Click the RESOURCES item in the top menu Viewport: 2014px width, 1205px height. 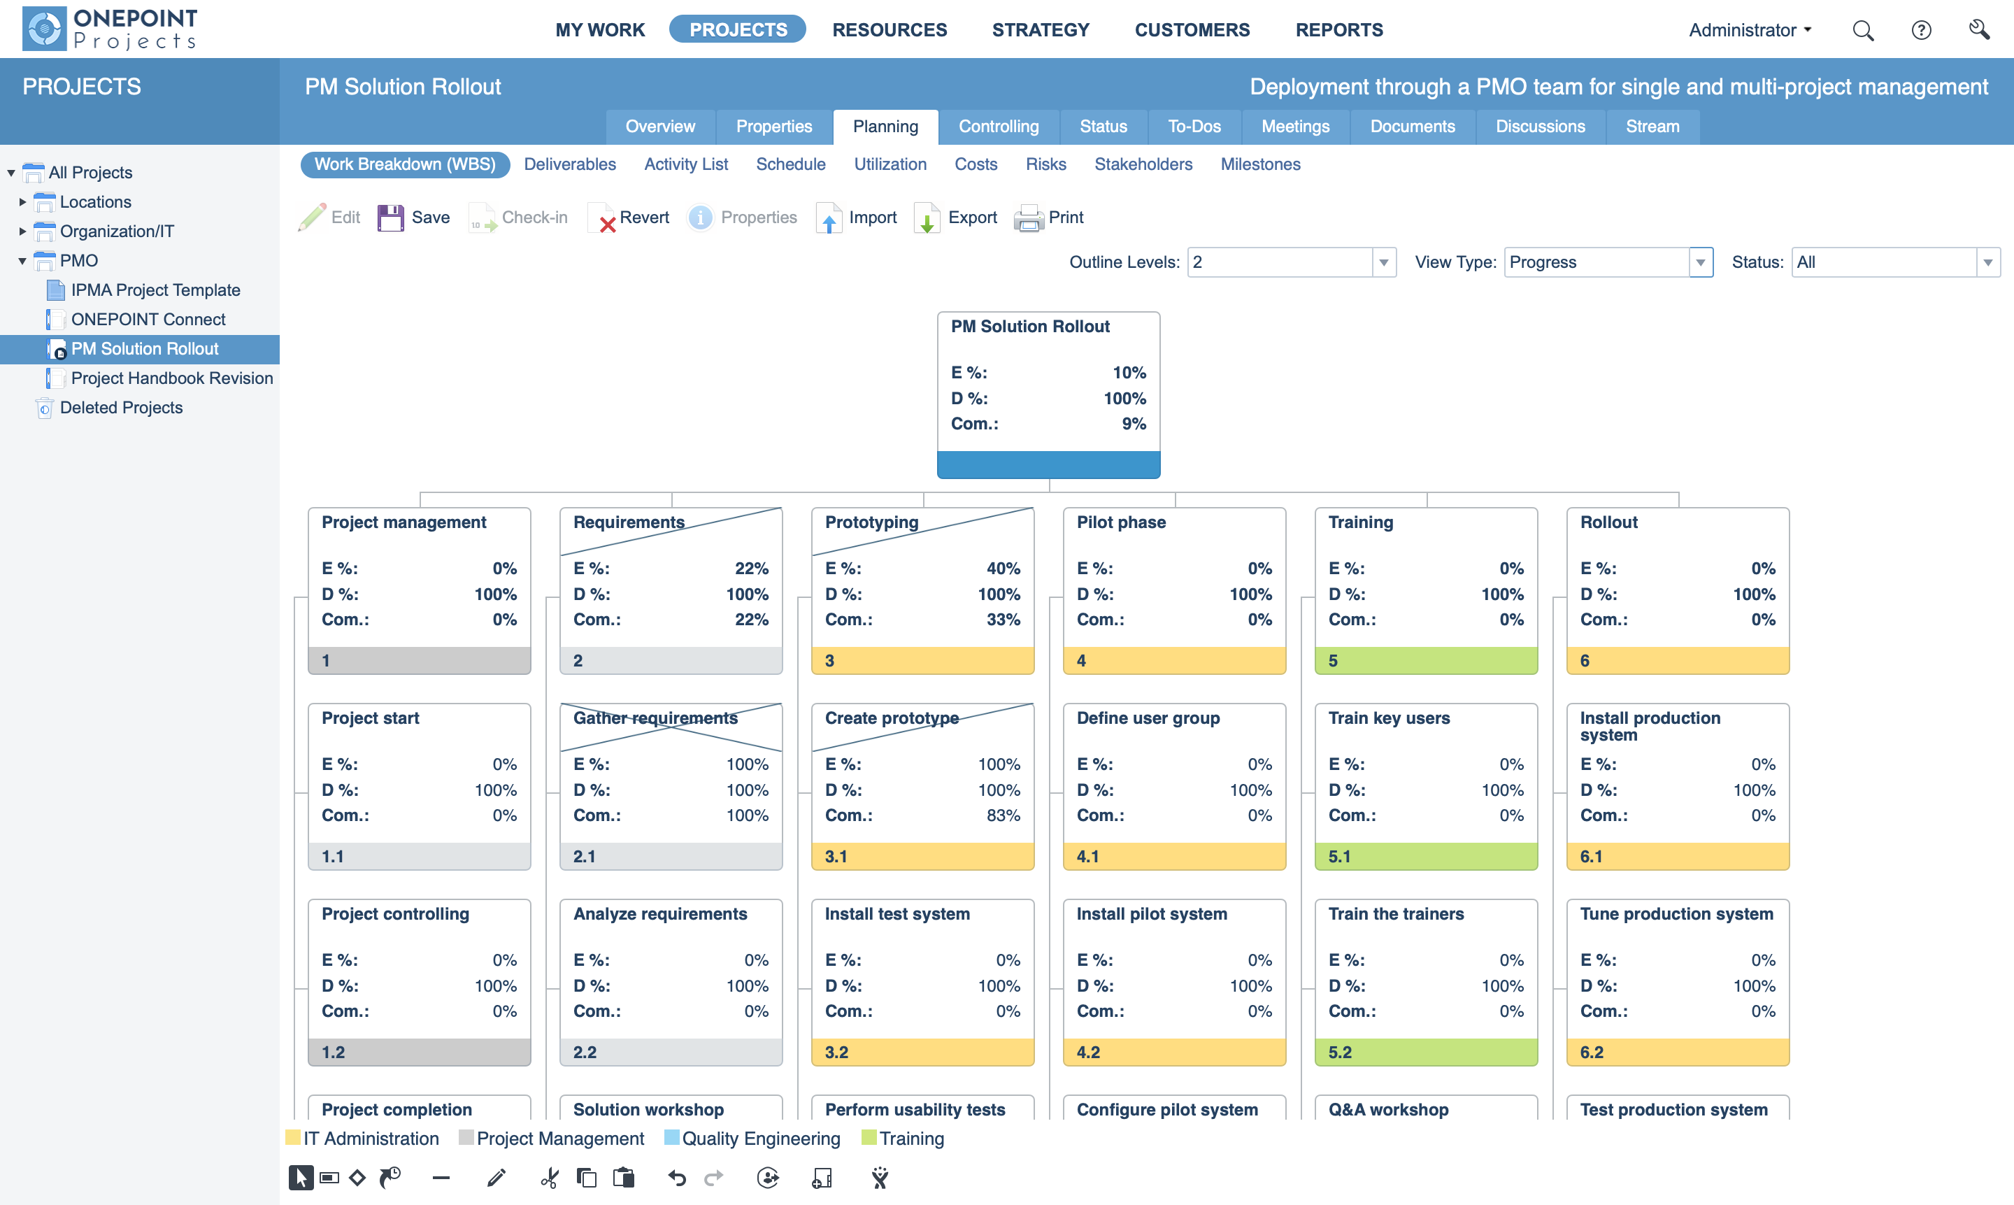(889, 30)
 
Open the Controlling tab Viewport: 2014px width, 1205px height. (998, 127)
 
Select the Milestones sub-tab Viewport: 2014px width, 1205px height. (1260, 165)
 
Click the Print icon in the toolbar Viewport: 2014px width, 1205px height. (1029, 218)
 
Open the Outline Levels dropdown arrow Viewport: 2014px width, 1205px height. (1383, 262)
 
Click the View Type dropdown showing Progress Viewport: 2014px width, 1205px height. (1607, 262)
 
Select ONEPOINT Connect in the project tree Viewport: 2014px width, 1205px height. (148, 319)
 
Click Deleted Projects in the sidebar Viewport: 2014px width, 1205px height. (121, 408)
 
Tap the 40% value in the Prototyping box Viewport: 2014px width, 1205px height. (1003, 569)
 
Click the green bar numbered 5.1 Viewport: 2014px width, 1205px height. (1425, 856)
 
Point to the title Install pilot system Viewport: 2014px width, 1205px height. (1151, 913)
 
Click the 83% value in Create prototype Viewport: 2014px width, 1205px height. (1003, 815)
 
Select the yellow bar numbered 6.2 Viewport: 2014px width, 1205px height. (1677, 1052)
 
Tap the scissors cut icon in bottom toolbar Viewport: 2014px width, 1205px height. (550, 1178)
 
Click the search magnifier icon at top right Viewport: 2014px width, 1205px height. (1863, 31)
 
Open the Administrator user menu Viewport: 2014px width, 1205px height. (1750, 31)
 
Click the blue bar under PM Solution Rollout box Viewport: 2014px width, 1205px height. (1048, 464)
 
